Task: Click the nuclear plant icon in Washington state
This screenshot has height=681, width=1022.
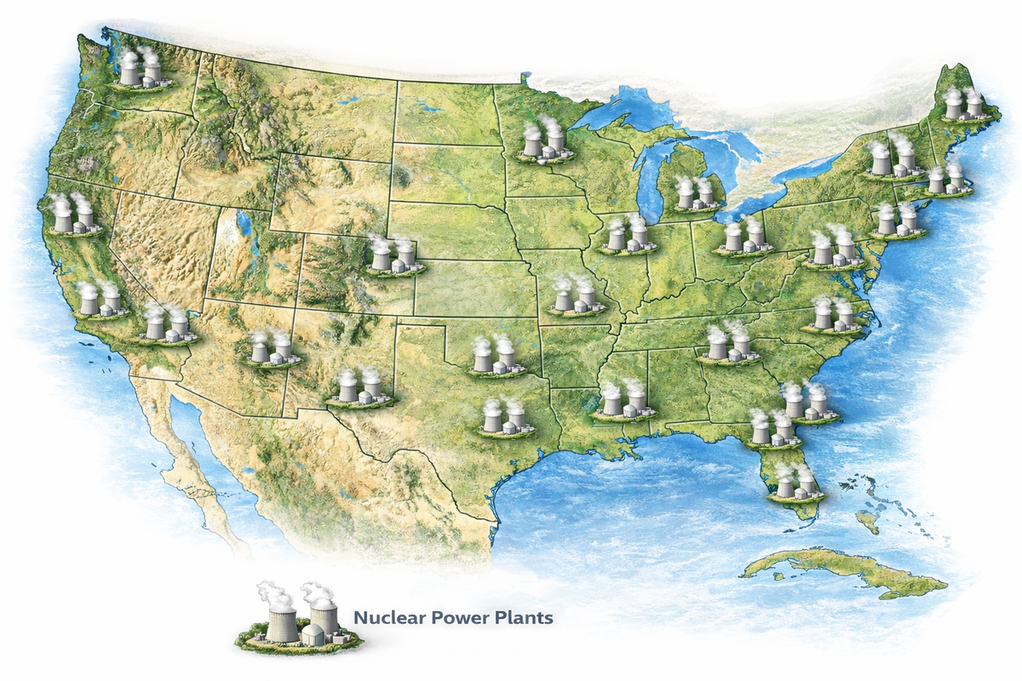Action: [x=139, y=70]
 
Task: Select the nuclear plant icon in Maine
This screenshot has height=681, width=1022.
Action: [x=963, y=104]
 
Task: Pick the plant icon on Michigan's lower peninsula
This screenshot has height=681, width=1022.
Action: [x=693, y=195]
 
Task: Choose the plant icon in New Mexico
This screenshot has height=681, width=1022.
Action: [x=359, y=387]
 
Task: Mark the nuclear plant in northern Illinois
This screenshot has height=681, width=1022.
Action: [x=627, y=235]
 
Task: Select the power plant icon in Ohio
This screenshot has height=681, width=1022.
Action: [x=743, y=237]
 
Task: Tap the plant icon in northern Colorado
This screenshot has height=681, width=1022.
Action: [x=393, y=255]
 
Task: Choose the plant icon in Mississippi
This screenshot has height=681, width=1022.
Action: [x=623, y=401]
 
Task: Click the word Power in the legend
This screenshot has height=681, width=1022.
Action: [x=459, y=616]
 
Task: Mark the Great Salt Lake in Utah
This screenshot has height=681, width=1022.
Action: [x=244, y=226]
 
